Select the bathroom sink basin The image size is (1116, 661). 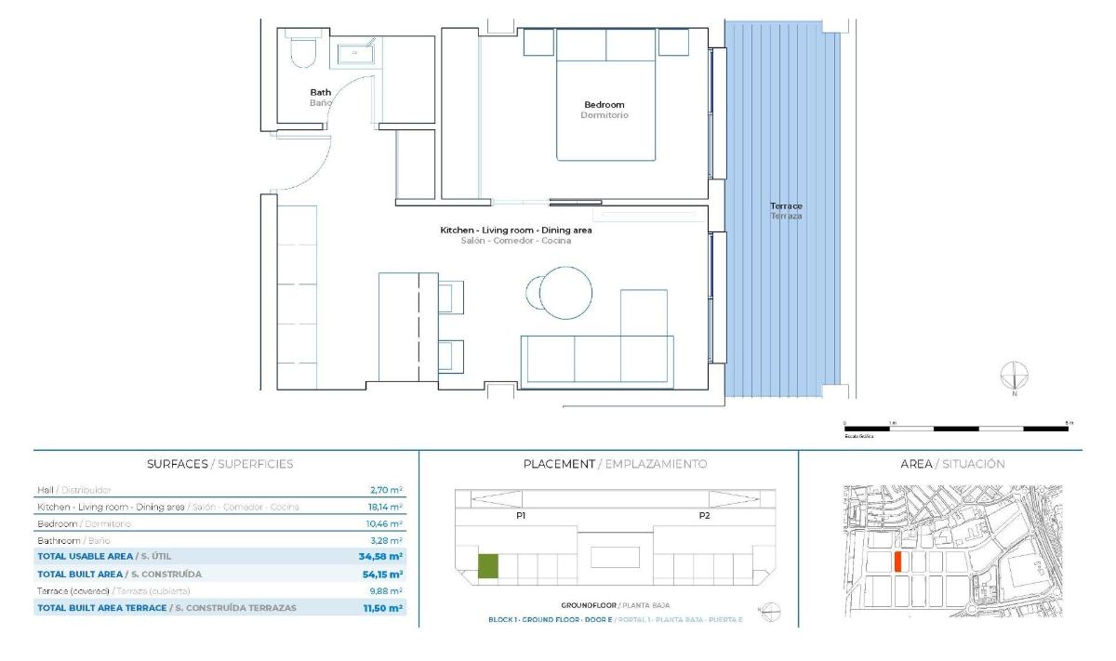coord(354,54)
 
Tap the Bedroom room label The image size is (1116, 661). coord(604,105)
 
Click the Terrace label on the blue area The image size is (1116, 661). coord(786,205)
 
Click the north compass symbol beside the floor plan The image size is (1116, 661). coord(1015,376)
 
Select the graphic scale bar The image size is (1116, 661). coord(957,429)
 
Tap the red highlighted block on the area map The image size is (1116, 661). coord(897,562)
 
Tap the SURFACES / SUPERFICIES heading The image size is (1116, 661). coord(219,463)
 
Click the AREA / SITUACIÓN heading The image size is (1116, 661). coord(952,463)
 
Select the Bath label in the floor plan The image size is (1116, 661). coord(320,92)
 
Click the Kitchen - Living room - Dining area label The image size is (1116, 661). coord(516,230)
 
